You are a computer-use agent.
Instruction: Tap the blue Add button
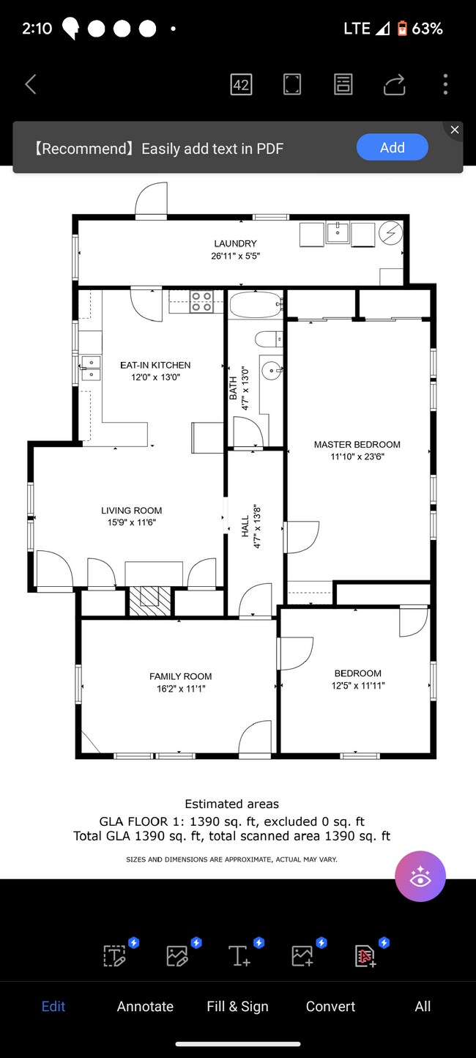[x=392, y=147]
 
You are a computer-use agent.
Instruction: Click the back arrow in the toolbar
[x=31, y=84]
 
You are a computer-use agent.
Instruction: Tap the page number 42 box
[x=241, y=84]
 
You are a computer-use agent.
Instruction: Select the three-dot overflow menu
[x=445, y=84]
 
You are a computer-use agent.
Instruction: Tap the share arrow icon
[x=394, y=85]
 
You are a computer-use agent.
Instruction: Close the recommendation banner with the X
[x=455, y=130]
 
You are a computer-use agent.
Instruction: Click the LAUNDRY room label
[x=235, y=243]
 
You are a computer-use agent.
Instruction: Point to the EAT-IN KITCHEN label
[x=155, y=365]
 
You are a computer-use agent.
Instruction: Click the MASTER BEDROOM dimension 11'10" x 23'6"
[x=357, y=456]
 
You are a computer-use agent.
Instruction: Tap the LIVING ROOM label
[x=132, y=511]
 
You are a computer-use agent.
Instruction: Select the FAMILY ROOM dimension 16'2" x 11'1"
[x=181, y=689]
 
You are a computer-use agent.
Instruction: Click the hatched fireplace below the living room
[x=150, y=600]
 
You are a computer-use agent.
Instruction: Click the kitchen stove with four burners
[x=201, y=302]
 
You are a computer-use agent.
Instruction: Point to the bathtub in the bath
[x=255, y=303]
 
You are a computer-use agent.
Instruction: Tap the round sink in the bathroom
[x=272, y=371]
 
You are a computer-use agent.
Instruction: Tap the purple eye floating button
[x=420, y=876]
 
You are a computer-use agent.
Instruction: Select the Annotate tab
[x=145, y=1006]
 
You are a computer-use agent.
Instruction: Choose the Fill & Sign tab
[x=237, y=1006]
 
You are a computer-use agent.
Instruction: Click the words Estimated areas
[x=231, y=804]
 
